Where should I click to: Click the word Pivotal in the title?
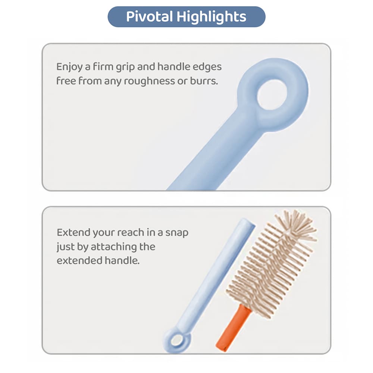click(x=149, y=17)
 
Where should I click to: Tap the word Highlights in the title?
click(x=211, y=17)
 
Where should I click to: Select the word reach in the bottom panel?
click(x=131, y=232)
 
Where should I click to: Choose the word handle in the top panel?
click(x=173, y=67)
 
